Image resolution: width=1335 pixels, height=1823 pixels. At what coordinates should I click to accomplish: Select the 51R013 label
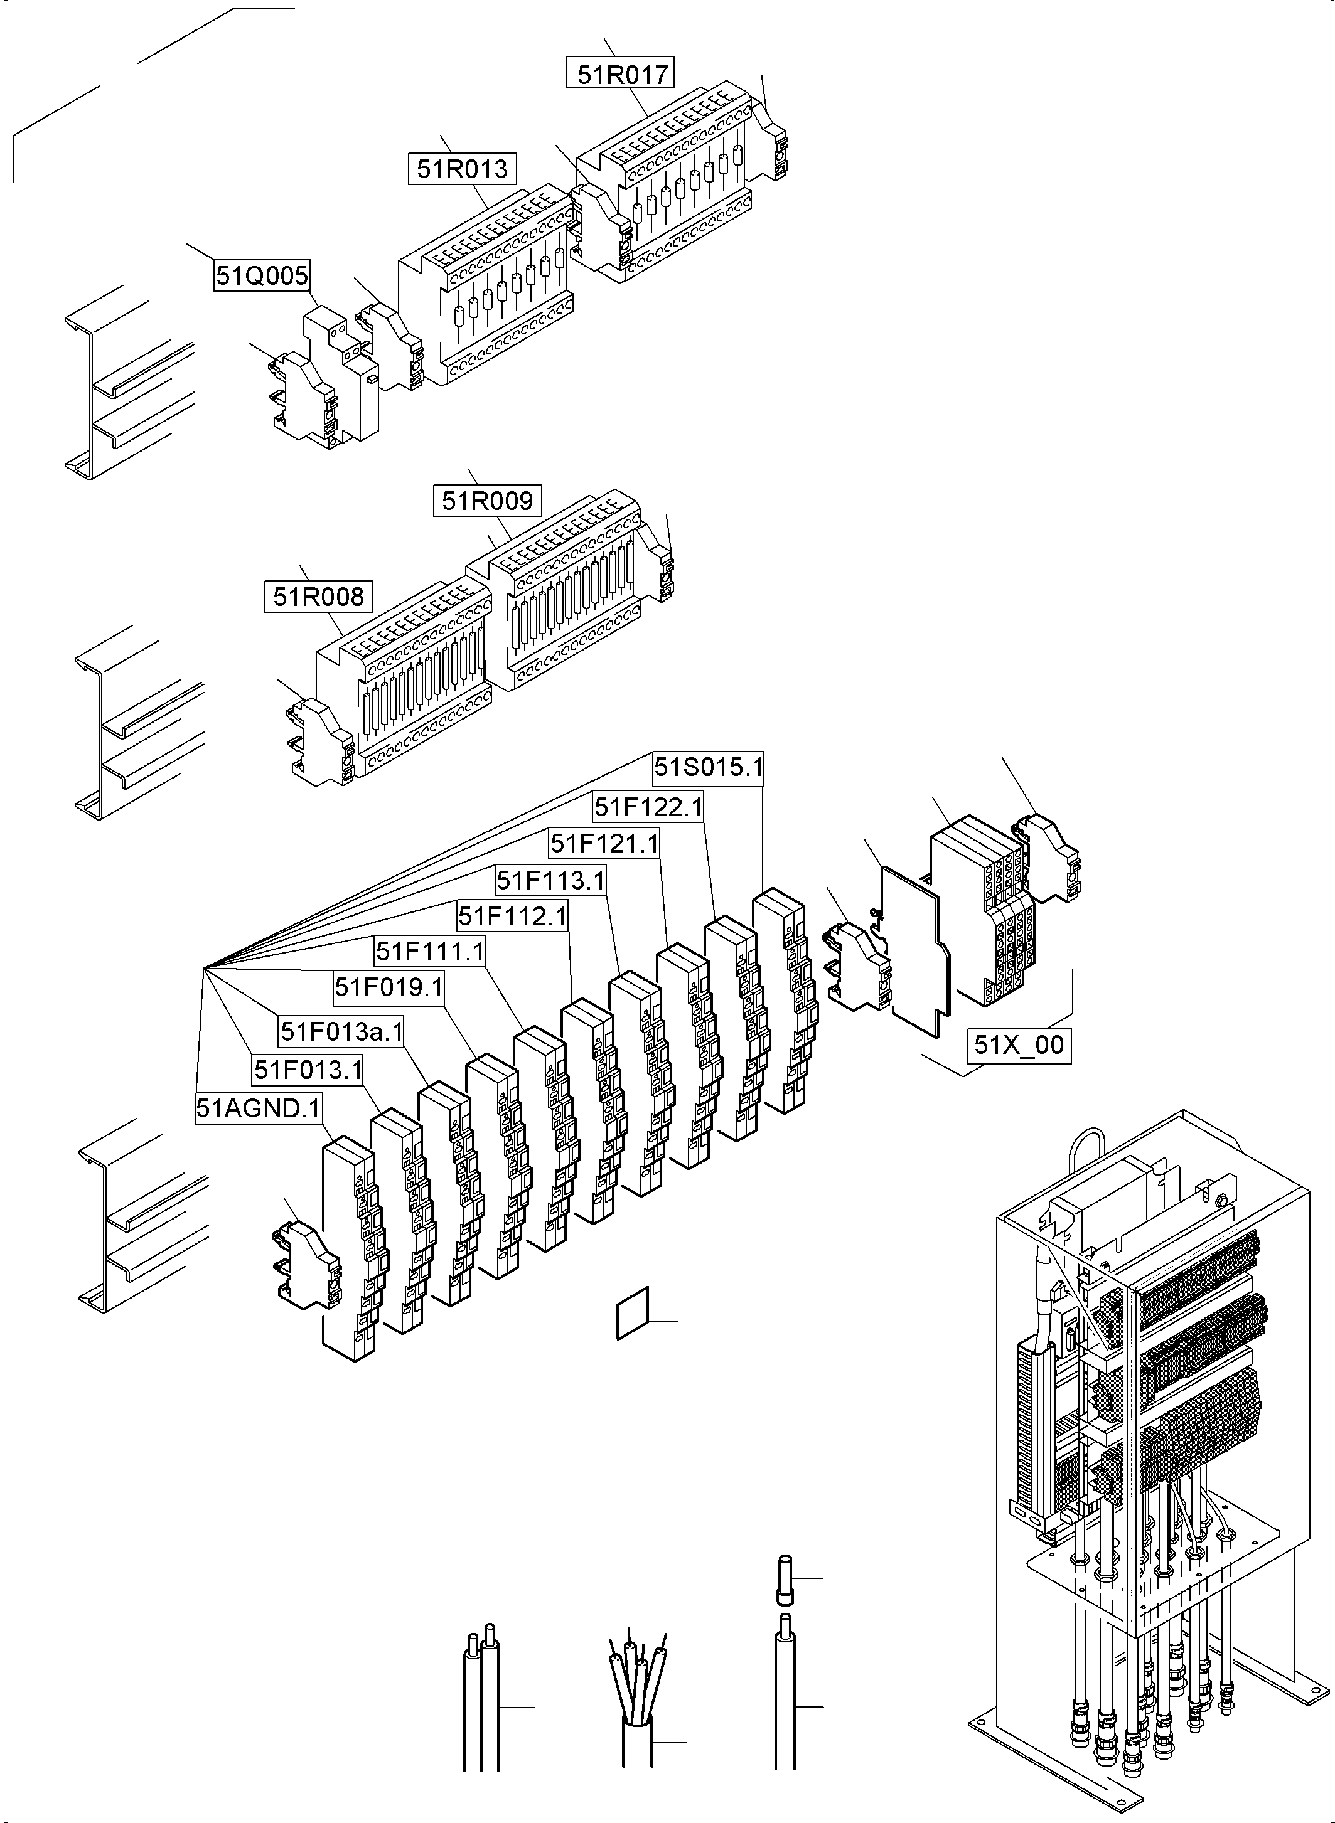(462, 169)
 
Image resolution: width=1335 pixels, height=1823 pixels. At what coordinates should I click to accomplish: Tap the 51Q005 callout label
(262, 276)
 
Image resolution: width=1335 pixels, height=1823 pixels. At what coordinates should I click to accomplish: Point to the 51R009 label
(487, 501)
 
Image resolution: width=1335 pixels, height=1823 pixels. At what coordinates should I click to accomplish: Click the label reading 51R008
(318, 597)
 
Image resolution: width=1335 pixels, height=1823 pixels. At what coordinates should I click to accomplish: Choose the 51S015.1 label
(708, 767)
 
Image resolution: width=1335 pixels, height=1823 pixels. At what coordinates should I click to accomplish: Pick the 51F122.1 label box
(648, 806)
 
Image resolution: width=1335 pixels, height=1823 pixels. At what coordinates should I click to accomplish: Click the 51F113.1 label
(550, 880)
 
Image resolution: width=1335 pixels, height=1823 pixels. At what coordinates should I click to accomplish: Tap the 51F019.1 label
(389, 987)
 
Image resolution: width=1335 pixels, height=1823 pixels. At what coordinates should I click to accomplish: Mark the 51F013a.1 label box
(341, 1031)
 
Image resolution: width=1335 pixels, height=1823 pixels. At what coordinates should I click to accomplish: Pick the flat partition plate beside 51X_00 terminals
(914, 953)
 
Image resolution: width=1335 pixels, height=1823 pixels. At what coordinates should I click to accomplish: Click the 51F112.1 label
(512, 916)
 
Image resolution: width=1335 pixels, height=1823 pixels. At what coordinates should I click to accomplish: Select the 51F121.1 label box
(604, 843)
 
